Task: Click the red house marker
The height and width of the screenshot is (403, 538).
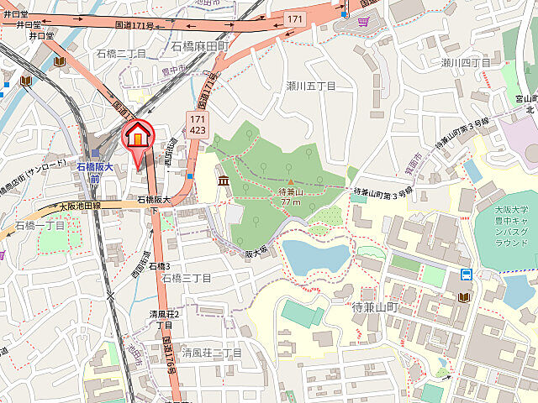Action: [139, 134]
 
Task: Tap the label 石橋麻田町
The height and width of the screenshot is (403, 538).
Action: [199, 45]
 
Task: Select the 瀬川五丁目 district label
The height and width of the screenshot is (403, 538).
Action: [310, 86]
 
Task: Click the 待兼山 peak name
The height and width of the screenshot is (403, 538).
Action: [290, 191]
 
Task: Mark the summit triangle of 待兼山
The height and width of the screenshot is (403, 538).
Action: [291, 181]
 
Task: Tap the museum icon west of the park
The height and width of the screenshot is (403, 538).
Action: [223, 181]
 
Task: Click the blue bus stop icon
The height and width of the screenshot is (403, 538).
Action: [465, 274]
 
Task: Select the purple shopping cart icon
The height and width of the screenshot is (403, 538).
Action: [363, 20]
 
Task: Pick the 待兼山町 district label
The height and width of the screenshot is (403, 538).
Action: [377, 307]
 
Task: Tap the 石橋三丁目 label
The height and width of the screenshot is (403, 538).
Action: [186, 277]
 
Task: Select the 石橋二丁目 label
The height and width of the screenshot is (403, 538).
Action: [121, 53]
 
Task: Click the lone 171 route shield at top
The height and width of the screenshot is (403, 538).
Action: [294, 18]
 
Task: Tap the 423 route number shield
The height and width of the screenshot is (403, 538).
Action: [198, 130]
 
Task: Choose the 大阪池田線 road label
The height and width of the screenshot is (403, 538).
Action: [79, 206]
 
